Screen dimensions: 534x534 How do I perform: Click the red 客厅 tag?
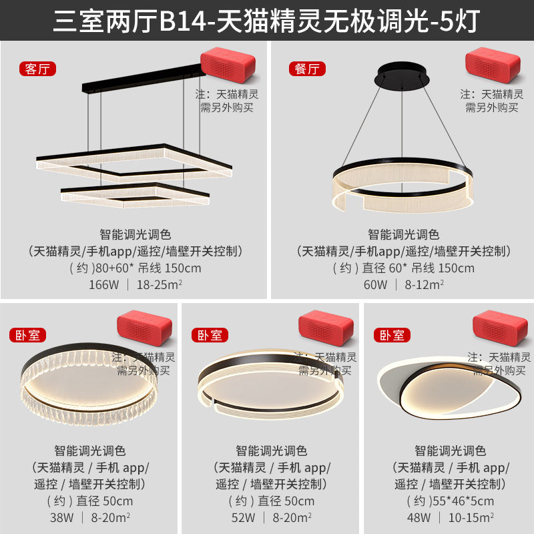coord(37,69)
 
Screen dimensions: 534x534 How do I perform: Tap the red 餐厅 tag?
coord(306,69)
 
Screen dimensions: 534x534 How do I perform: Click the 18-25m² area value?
coord(160,285)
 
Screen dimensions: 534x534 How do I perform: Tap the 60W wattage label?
coord(374,285)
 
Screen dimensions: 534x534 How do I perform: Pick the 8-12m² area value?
coord(424,285)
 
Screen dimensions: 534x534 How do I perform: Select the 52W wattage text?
coord(243,517)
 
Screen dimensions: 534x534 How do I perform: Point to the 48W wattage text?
coord(421,517)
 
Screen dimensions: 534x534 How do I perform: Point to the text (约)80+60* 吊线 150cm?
coord(135,268)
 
